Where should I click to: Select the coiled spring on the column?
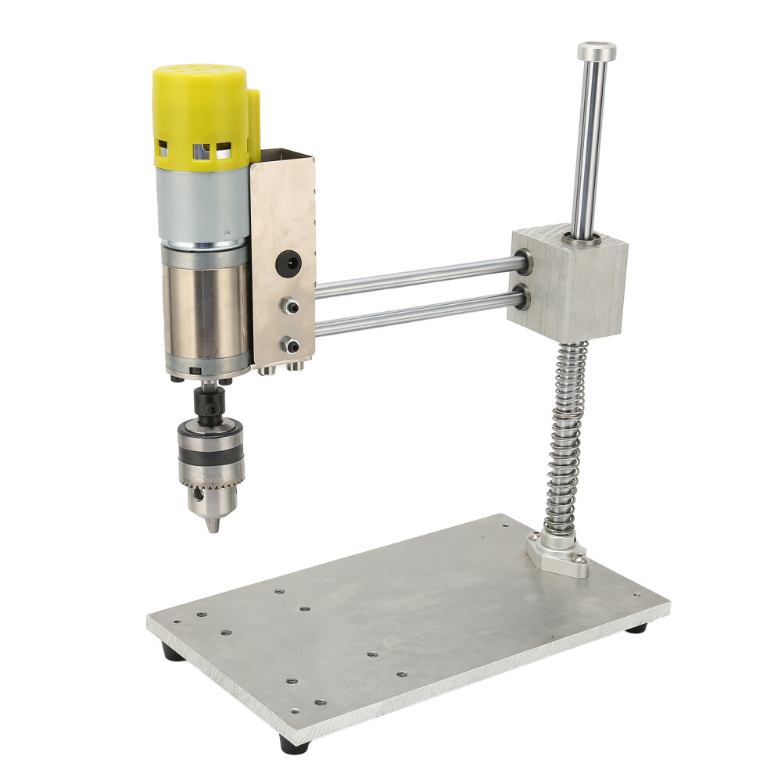click(569, 438)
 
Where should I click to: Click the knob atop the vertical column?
click(597, 52)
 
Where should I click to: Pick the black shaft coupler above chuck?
click(210, 402)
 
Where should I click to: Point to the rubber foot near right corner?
click(636, 627)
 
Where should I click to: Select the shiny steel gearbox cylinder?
click(205, 309)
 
